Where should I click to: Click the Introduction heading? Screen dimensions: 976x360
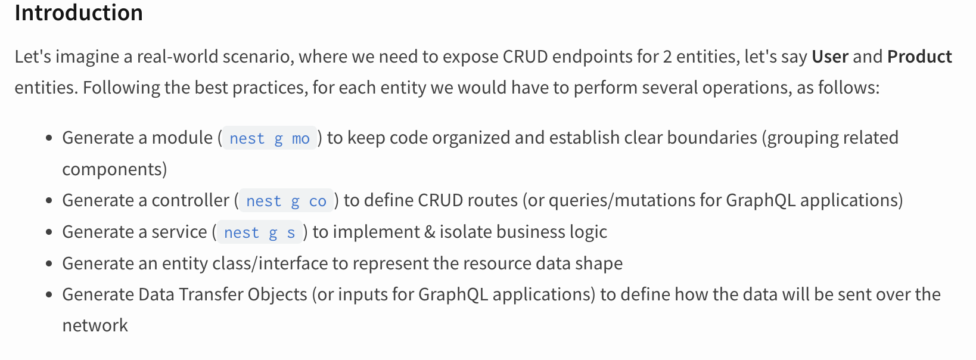pyautogui.click(x=79, y=13)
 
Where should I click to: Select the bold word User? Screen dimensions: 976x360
pyautogui.click(x=829, y=57)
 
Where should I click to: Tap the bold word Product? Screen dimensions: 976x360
pyautogui.click(x=919, y=57)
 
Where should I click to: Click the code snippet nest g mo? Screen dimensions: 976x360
pyautogui.click(x=269, y=139)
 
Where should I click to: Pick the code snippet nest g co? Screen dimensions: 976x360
pyautogui.click(x=286, y=201)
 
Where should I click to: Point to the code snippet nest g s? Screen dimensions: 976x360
pyautogui.click(x=259, y=233)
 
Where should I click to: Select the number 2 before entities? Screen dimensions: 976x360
pyautogui.click(x=667, y=57)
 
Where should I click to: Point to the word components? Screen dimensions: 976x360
pyautogui.click(x=114, y=169)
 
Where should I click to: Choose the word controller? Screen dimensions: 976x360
pyautogui.click(x=191, y=200)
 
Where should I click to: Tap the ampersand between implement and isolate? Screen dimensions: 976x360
pyautogui.click(x=430, y=232)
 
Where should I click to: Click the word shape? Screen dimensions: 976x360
pyautogui.click(x=599, y=263)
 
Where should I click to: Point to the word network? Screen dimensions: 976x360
pyautogui.click(x=95, y=325)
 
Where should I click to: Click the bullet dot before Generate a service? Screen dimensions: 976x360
pyautogui.click(x=49, y=232)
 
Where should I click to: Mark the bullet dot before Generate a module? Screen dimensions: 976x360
pyautogui.click(x=49, y=138)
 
